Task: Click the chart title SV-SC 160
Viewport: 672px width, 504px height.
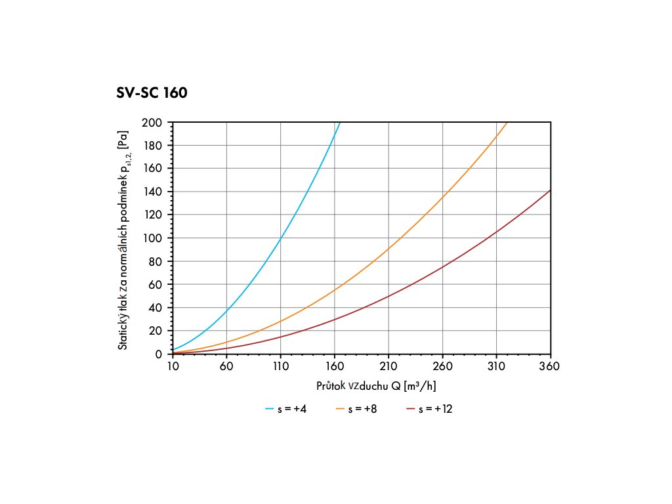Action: point(152,93)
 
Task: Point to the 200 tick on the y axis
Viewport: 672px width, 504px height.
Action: point(154,123)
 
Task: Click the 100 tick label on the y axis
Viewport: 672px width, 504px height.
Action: point(154,238)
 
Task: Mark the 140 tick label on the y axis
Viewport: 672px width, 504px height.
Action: point(154,192)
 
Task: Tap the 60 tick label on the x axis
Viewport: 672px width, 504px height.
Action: point(226,366)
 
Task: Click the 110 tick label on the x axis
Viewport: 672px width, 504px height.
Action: point(280,366)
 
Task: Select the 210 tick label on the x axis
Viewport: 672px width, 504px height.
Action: point(388,366)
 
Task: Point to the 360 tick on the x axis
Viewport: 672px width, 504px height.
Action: point(550,366)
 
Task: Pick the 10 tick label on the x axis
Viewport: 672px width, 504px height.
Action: point(173,366)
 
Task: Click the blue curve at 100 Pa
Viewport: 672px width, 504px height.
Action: point(280,238)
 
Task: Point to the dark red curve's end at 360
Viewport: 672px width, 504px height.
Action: point(550,190)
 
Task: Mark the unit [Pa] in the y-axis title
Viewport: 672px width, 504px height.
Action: point(123,140)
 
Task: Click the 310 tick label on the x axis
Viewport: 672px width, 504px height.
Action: point(496,366)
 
